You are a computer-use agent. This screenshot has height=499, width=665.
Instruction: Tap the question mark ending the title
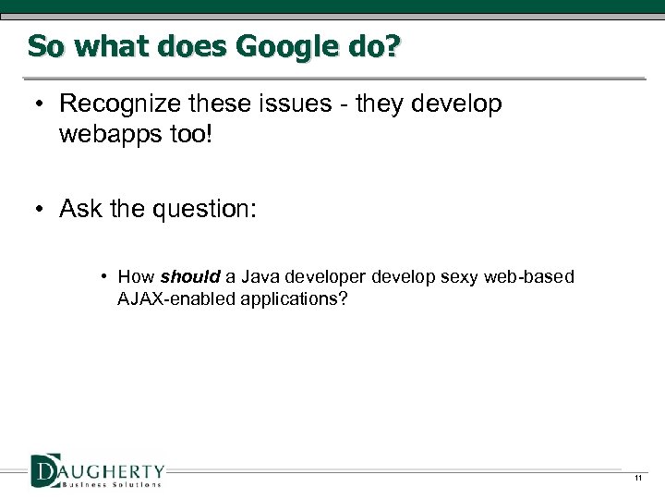pyautogui.click(x=394, y=45)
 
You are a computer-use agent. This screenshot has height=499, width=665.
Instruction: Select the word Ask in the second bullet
pyautogui.click(x=80, y=209)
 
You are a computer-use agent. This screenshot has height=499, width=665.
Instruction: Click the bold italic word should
pyautogui.click(x=190, y=276)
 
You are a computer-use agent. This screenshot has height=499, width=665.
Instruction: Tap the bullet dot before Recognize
pyautogui.click(x=32, y=104)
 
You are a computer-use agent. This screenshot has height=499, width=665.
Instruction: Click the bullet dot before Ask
pyautogui.click(x=32, y=209)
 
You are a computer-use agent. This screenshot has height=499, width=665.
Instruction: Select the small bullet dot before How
pyautogui.click(x=106, y=276)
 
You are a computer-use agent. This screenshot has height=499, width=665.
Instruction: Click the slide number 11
pyautogui.click(x=637, y=478)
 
